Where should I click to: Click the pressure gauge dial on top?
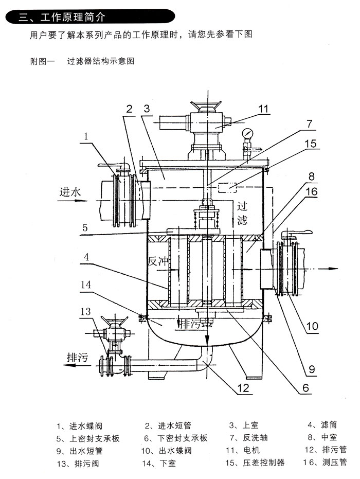(248, 133)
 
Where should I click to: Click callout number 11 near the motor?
(263, 109)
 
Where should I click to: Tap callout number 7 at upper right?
(310, 123)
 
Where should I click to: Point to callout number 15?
(311, 144)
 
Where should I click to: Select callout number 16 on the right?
(312, 191)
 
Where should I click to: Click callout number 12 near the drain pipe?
(243, 387)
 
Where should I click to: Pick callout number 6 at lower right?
(305, 387)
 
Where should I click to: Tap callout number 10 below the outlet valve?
(312, 326)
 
